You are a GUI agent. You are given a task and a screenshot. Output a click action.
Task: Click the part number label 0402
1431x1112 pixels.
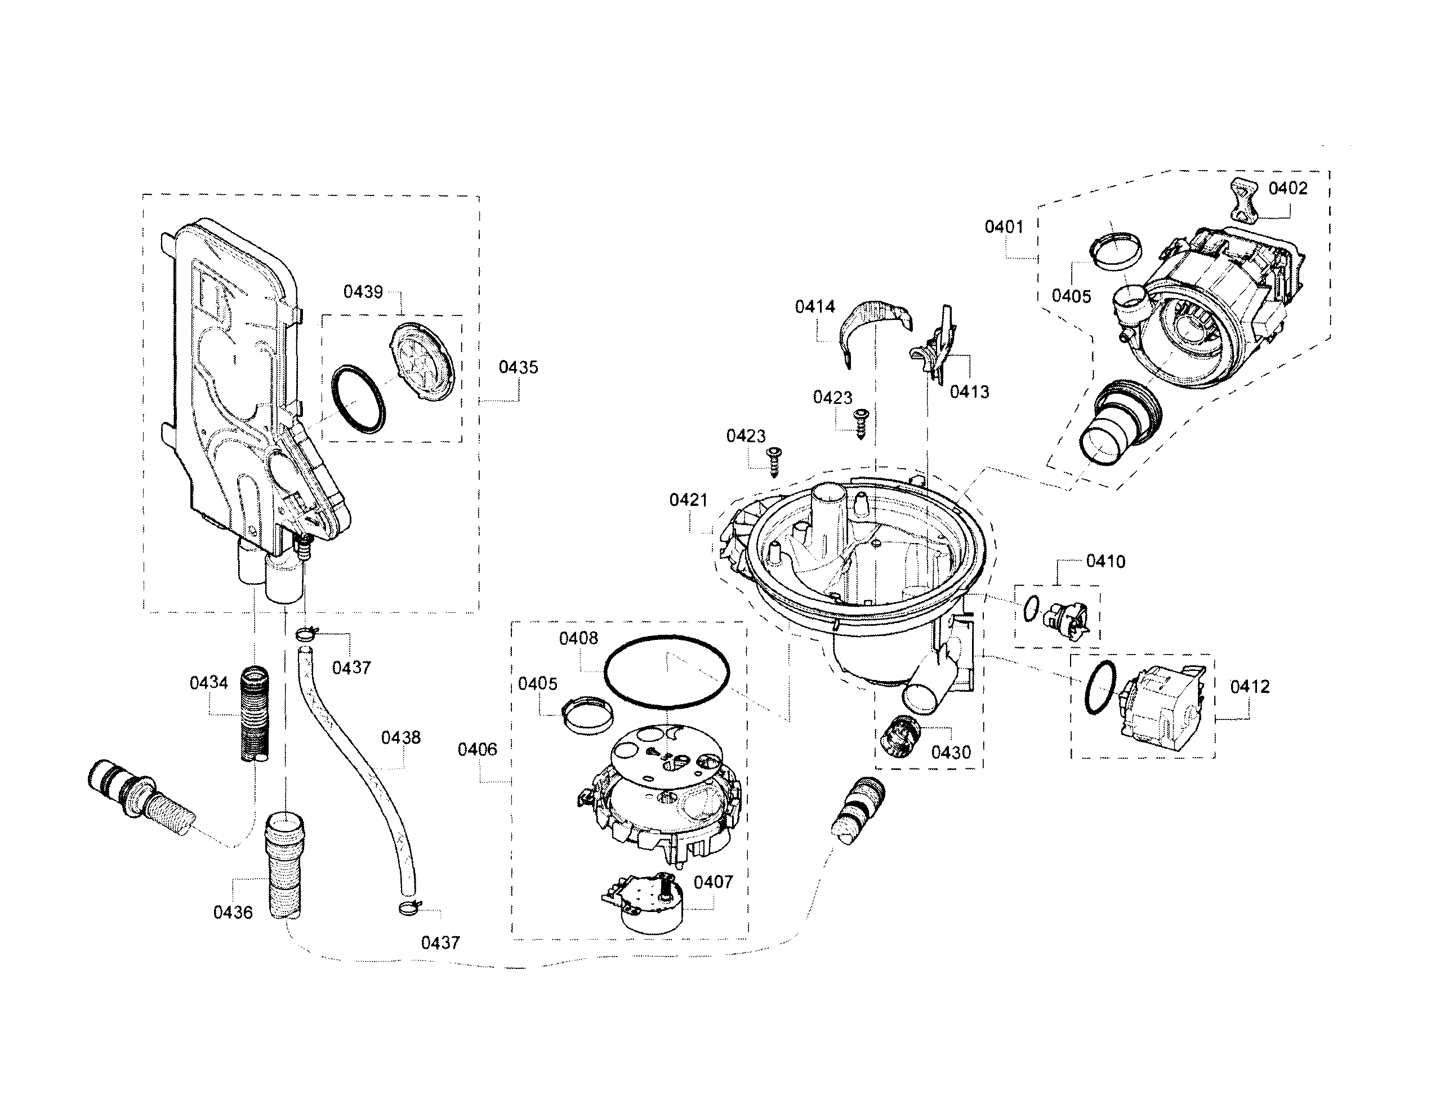[x=1287, y=189]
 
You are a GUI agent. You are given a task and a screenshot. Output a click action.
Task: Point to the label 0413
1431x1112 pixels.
[x=969, y=392]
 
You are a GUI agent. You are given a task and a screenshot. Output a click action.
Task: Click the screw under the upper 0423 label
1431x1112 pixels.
[x=862, y=422]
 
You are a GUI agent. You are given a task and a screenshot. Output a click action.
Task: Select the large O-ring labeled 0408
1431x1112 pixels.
[x=666, y=671]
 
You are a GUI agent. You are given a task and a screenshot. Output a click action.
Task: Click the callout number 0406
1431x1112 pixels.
[x=477, y=749]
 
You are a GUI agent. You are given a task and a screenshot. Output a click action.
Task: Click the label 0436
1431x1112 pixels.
[x=233, y=912]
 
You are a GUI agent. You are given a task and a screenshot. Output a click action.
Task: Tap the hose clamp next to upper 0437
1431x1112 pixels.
[x=306, y=633]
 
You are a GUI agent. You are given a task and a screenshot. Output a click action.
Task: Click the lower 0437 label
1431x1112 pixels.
[x=440, y=942]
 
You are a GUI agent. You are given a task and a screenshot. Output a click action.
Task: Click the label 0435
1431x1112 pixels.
[x=518, y=367]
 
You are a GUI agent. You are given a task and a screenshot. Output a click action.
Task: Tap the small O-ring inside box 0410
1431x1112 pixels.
[x=1030, y=610]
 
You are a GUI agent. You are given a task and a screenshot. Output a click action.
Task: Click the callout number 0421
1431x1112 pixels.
[x=689, y=500]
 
